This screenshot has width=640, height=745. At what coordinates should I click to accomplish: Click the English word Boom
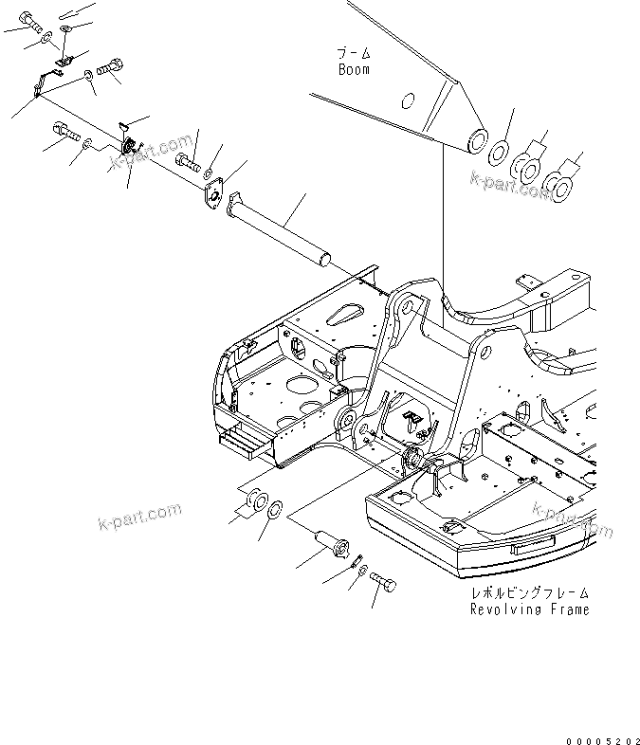click(354, 69)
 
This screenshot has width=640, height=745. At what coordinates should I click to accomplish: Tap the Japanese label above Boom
click(354, 53)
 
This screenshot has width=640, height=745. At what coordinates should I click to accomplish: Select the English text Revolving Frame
click(529, 609)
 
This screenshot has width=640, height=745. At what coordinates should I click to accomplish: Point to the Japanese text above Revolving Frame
click(529, 593)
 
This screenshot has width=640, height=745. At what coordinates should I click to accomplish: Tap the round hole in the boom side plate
click(409, 100)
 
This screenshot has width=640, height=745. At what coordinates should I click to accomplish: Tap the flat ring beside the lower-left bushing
click(274, 509)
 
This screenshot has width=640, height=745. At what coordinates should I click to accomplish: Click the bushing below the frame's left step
click(254, 500)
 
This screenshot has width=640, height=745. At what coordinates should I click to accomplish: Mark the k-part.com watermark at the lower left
click(138, 518)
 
